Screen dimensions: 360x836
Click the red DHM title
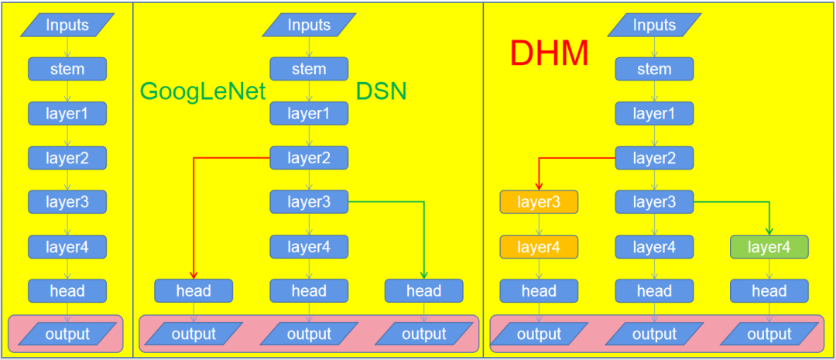tap(549, 53)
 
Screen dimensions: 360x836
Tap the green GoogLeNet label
tap(203, 91)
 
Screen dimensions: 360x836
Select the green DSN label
tap(381, 91)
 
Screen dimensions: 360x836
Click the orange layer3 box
tap(539, 202)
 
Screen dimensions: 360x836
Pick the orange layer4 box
tap(539, 247)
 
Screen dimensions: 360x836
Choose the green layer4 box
tap(769, 247)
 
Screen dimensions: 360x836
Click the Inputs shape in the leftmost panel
tap(67, 25)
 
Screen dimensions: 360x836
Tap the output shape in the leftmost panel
tap(67, 334)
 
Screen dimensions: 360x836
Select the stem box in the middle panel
tap(309, 69)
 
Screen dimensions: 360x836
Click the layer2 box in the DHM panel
tap(654, 158)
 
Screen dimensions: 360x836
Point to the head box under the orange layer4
tap(539, 291)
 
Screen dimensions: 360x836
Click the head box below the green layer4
tap(769, 291)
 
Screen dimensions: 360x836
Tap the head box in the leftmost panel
tap(67, 291)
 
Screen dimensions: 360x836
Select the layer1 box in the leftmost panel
tap(67, 114)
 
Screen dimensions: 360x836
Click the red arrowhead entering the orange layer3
tap(539, 186)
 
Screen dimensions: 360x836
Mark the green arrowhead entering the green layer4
tap(769, 231)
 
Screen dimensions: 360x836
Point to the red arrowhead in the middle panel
tap(194, 274)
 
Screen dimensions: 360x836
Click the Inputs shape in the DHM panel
tap(654, 25)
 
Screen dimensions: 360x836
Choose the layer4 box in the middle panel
tap(309, 247)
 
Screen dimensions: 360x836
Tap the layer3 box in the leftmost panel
tap(67, 202)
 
